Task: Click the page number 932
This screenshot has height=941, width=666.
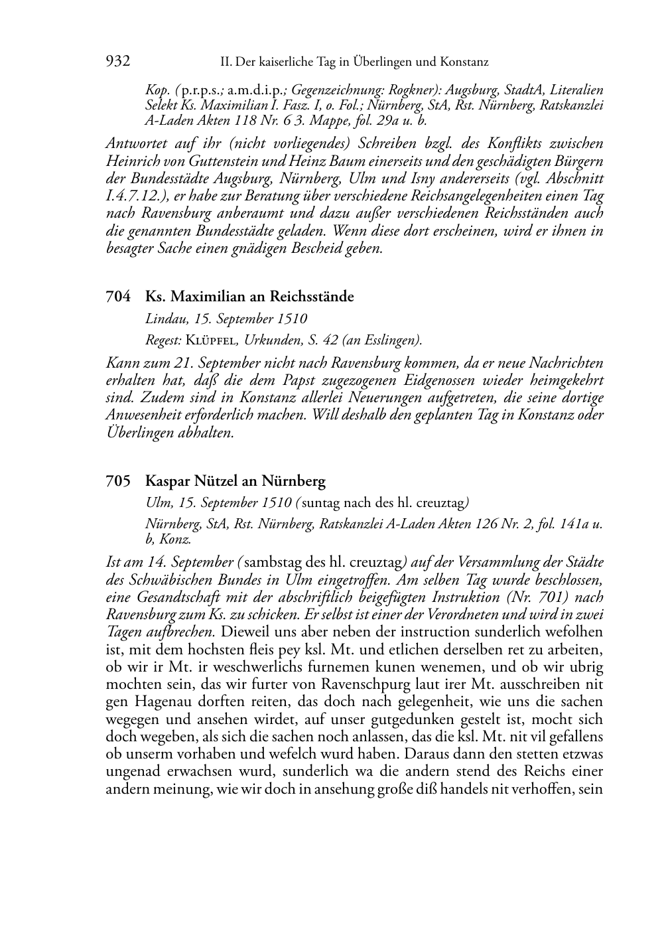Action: pos(117,62)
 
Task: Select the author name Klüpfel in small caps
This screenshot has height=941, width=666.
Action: pos(213,340)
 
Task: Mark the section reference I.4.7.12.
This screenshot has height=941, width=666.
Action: pos(135,196)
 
